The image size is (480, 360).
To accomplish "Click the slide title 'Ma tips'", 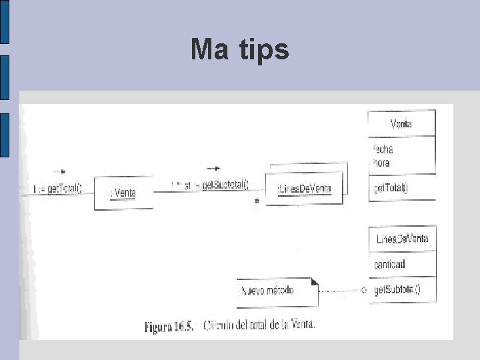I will tap(239, 50).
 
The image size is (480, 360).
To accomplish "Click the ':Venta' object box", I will tap(123, 193).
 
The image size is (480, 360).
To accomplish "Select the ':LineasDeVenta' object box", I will tap(303, 189).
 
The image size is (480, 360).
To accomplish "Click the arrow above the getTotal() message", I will tap(59, 172).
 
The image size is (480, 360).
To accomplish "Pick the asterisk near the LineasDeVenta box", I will tap(257, 201).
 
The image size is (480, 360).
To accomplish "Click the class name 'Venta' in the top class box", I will tap(401, 124).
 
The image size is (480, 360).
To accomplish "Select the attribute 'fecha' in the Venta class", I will tap(383, 149).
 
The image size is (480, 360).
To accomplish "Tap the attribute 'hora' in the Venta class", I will tap(381, 163).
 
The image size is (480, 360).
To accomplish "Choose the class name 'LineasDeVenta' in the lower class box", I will tap(402, 239).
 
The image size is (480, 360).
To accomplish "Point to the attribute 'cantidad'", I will tap(389, 265).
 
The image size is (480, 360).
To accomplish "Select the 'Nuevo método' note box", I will tap(277, 291).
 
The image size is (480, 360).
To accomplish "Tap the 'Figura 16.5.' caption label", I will tap(169, 327).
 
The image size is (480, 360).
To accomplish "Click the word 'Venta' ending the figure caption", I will tap(301, 325).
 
